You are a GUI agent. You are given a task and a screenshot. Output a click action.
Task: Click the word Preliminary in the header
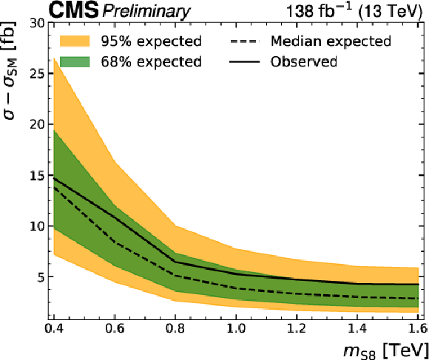146,12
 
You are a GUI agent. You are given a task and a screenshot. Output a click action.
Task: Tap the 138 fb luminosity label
319,11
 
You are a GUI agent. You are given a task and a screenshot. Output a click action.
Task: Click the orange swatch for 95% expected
75,41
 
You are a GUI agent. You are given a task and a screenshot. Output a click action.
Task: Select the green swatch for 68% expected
75,62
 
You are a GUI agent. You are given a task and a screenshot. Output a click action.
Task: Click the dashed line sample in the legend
244,41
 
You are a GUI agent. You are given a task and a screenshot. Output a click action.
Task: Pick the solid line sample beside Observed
244,62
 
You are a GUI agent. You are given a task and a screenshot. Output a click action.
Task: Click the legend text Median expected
331,41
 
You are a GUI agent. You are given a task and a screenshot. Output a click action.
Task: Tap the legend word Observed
304,62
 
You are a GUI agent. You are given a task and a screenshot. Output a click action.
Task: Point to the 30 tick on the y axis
38,24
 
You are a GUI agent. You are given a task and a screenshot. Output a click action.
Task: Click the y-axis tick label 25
38,74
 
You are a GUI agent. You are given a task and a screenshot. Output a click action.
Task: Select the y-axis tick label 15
38,175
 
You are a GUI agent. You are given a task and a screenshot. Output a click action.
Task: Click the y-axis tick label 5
41,277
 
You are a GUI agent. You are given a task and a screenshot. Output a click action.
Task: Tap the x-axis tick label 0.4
54,328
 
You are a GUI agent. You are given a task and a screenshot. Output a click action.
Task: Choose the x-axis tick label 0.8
175,328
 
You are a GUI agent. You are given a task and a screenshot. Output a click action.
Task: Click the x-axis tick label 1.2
297,328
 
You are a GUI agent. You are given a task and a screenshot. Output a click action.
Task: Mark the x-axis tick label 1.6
418,328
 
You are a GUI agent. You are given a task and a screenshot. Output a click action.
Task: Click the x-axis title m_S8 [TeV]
386,351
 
